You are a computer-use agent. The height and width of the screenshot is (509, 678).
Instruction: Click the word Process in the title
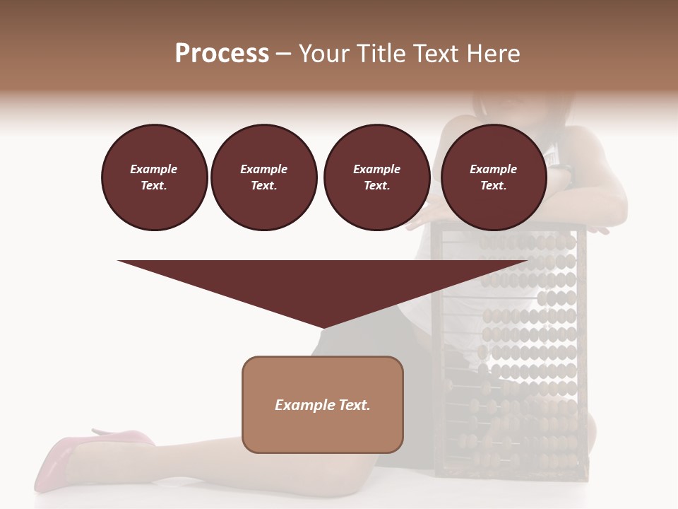pos(222,54)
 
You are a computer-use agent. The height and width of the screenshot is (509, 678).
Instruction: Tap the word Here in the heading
pos(494,54)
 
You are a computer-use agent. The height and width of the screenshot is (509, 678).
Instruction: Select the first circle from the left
pos(155,177)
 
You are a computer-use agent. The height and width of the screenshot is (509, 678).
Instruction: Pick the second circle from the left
pos(264,177)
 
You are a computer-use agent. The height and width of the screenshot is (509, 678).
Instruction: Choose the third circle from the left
pos(377,177)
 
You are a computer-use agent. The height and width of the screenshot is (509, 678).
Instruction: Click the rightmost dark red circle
pos(494,177)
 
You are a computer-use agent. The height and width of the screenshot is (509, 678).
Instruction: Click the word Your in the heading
pos(324,54)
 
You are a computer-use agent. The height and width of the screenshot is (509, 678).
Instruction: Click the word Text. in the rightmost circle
pos(494,186)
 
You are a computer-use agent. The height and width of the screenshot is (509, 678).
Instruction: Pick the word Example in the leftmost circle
pos(154,170)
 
